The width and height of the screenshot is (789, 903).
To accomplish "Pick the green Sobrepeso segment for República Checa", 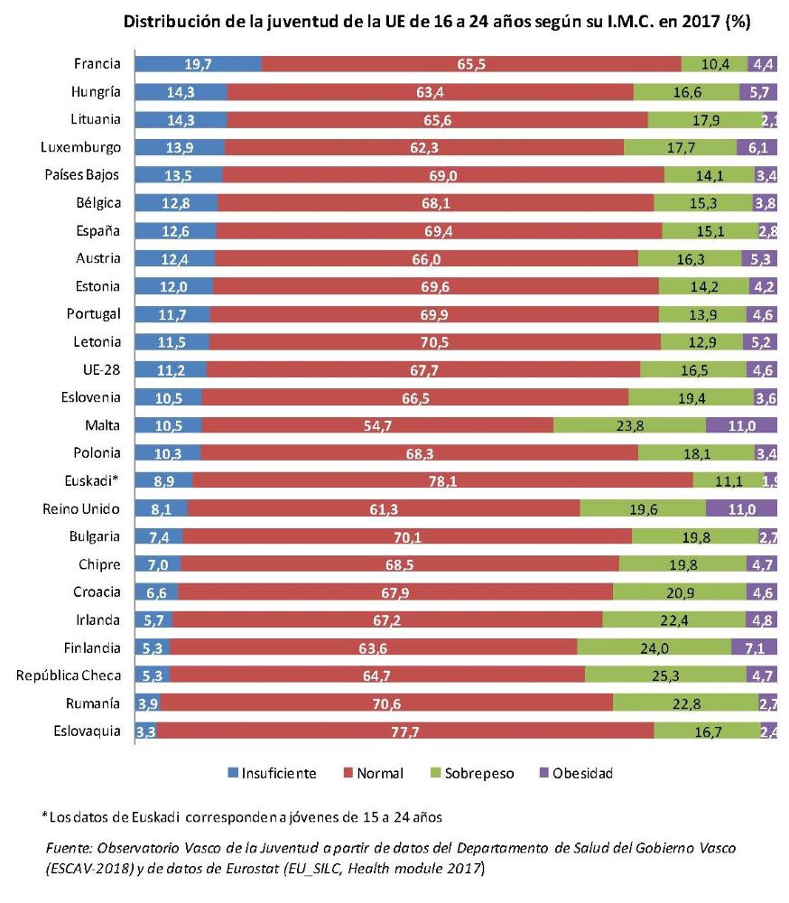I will click(x=664, y=674).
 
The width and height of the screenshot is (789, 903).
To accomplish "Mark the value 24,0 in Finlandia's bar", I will click(x=654, y=647).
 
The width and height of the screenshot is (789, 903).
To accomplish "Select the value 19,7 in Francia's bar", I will click(x=198, y=63).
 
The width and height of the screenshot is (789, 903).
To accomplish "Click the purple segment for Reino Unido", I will click(x=741, y=509).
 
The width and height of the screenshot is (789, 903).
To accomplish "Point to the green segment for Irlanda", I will click(x=673, y=619).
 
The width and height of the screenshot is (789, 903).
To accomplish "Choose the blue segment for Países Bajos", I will click(x=179, y=174).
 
